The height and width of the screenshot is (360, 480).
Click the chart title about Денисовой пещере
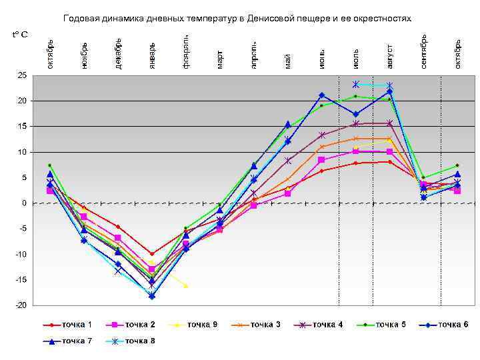pyautogui.click(x=237, y=18)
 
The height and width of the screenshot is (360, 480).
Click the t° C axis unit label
pyautogui.click(x=19, y=33)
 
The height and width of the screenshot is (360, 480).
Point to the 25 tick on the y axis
pyautogui.click(x=23, y=75)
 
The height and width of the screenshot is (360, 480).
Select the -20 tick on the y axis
pyautogui.click(x=21, y=305)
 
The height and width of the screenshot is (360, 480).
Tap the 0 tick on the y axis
pyautogui.click(x=25, y=203)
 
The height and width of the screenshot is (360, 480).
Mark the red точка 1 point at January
pyautogui.click(x=152, y=254)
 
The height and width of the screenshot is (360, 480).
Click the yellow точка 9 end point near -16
pyautogui.click(x=186, y=285)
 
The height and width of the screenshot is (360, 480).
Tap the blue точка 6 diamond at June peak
pyautogui.click(x=321, y=95)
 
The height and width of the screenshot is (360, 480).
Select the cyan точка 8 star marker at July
pyautogui.click(x=356, y=85)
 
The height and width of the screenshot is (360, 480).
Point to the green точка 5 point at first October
pyautogui.click(x=50, y=165)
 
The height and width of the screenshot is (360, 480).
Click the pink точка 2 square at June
pyautogui.click(x=321, y=160)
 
